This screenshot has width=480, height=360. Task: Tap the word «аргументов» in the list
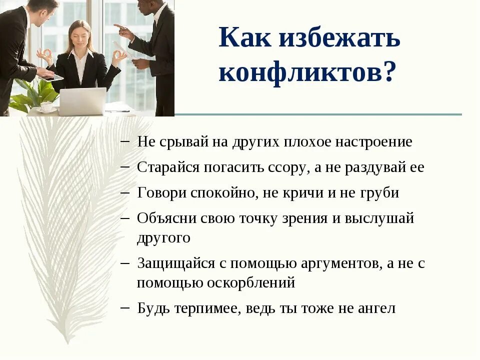[x=339, y=263]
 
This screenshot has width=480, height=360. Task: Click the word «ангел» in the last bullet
[x=376, y=308]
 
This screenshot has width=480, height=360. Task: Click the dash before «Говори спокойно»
[x=125, y=192]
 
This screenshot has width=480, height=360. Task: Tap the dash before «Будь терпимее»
[x=125, y=307]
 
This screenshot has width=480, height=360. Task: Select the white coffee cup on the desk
[x=47, y=106]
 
